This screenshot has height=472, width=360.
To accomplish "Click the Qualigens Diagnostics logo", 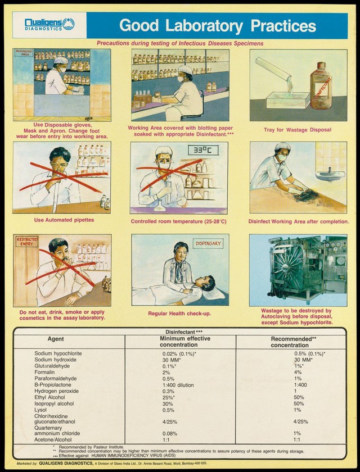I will coord(49,24).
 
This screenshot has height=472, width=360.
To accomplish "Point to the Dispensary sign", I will coord(209,244).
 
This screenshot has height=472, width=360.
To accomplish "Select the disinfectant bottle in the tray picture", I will coord(325,85).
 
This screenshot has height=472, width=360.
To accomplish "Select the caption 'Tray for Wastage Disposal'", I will coord(298,130).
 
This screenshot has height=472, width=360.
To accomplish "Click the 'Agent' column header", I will coord(56,339).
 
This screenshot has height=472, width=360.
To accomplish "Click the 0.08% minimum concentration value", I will coord(169,434).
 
